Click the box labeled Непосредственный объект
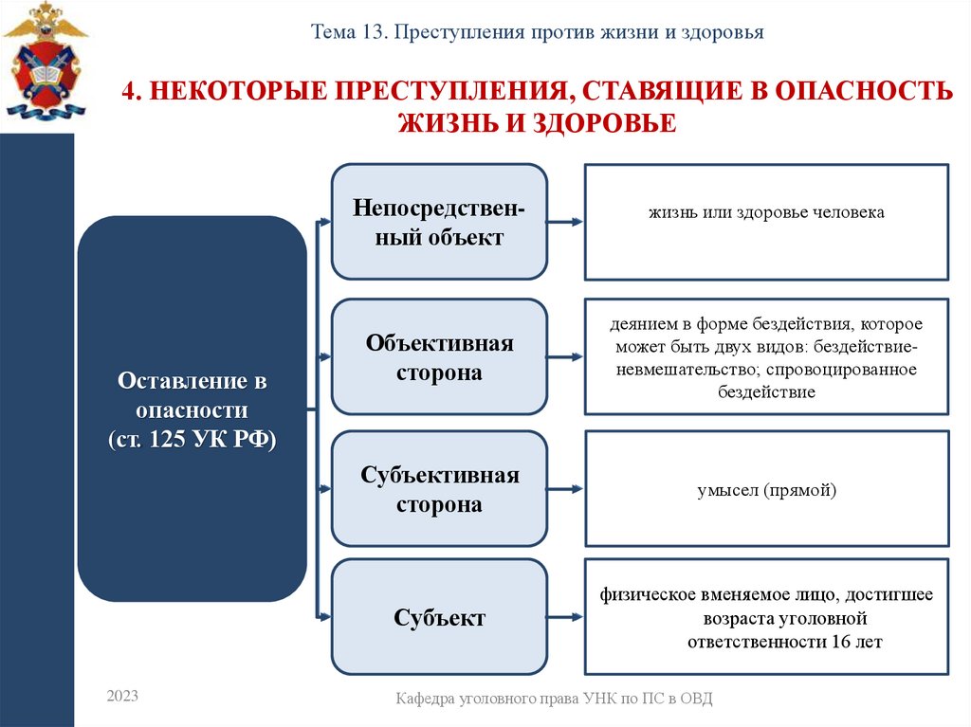click(439, 222)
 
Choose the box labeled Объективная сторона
click(439, 357)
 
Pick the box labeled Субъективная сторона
click(439, 489)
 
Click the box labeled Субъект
click(439, 618)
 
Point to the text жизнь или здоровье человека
click(766, 212)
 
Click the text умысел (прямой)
click(766, 490)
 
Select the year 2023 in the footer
click(122, 697)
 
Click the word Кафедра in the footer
click(430, 699)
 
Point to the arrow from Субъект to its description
click(565, 618)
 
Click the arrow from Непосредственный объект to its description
click(565, 224)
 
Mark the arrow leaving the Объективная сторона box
click(565, 358)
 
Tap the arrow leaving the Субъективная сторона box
click(565, 489)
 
